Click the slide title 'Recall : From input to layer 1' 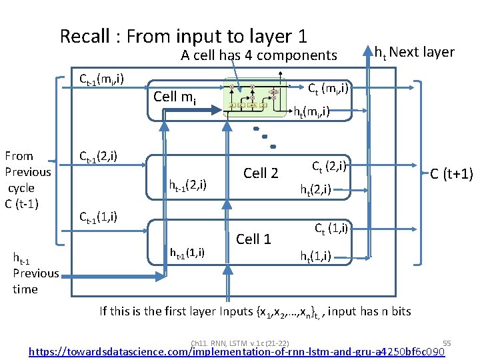pyautogui.click(x=183, y=36)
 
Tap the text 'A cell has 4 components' pyautogui.click(x=259, y=55)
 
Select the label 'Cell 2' pyautogui.click(x=261, y=173)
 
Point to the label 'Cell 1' pyautogui.click(x=253, y=239)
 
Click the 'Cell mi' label pyautogui.click(x=175, y=97)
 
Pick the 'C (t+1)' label pyautogui.click(x=451, y=174)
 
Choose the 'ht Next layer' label pyautogui.click(x=414, y=52)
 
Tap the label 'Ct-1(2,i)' pyautogui.click(x=98, y=157)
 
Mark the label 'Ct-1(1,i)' pyautogui.click(x=98, y=217)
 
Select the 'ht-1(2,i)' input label pyautogui.click(x=187, y=183)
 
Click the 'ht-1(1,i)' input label pyautogui.click(x=187, y=253)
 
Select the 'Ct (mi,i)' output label pyautogui.click(x=328, y=87)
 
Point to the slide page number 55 pyautogui.click(x=447, y=342)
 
